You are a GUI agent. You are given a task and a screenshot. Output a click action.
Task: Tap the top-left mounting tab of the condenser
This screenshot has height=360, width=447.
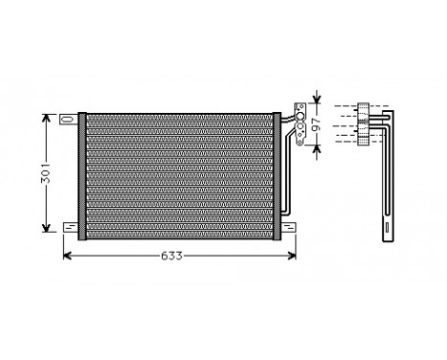pos(69,120)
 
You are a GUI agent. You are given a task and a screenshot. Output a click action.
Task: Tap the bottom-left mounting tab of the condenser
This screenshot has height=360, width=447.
pos(69,227)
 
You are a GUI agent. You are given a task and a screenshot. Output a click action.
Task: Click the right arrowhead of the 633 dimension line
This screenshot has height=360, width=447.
pos(291,257)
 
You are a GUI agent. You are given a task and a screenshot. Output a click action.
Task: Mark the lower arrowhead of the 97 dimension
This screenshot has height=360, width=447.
pos(317,145)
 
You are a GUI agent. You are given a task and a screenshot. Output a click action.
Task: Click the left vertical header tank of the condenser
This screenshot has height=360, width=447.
pos(82,172)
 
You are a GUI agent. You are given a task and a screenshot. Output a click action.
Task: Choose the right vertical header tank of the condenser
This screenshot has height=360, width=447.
pos(275,172)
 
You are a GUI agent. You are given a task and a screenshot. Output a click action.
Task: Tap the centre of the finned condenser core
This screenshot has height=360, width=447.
pos(178,172)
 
